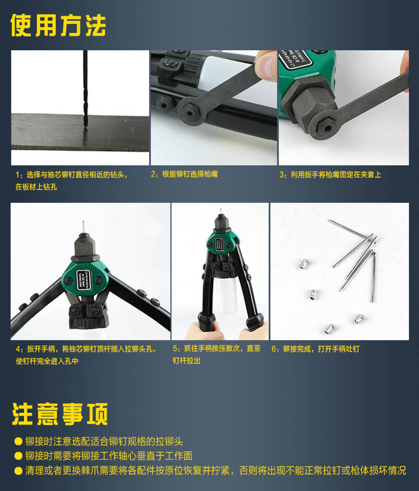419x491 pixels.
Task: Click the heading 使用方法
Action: (x=58, y=25)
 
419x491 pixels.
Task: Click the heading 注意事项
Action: (x=60, y=414)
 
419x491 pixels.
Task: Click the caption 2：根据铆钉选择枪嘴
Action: (x=184, y=174)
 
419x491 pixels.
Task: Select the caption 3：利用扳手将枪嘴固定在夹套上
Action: (x=330, y=174)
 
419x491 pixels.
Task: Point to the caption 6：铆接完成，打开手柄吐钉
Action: (x=316, y=349)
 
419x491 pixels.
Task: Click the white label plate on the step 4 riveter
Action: (x=84, y=280)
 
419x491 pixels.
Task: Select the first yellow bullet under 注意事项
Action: (x=18, y=441)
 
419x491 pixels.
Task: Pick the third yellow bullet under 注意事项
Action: (x=18, y=471)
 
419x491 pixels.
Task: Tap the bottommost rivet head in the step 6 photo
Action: (x=330, y=328)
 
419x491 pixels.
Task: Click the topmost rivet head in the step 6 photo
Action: (x=304, y=264)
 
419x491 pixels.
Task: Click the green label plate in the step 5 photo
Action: (x=220, y=244)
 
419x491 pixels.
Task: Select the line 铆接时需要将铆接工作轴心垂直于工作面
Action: (x=109, y=455)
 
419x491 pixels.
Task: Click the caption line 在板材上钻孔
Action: (x=36, y=187)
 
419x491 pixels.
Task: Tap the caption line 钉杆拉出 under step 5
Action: (x=187, y=361)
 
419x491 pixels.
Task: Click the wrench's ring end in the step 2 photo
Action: (x=189, y=111)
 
